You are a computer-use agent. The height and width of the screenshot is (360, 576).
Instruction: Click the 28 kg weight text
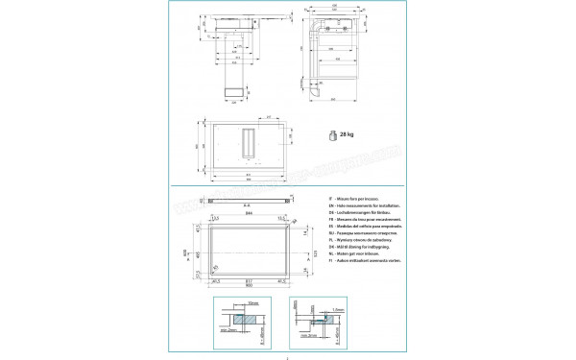pyautogui.click(x=348, y=135)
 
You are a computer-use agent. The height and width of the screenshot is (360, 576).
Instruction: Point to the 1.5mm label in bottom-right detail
pyautogui.click(x=339, y=309)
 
